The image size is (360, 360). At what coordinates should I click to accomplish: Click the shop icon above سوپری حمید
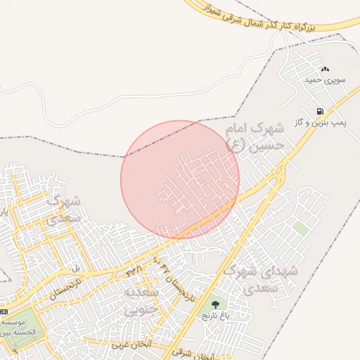point(324,70)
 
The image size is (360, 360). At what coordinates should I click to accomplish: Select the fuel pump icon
point(321,111)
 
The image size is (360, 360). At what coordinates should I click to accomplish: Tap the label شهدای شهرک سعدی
point(261,278)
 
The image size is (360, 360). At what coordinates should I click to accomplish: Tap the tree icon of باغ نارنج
point(215,304)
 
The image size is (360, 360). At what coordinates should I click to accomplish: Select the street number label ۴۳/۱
point(134,269)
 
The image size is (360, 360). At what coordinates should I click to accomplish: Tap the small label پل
point(76,268)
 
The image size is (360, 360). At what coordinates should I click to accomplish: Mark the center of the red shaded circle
point(180,179)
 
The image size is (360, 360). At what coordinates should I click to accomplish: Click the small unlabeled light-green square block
point(301,229)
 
